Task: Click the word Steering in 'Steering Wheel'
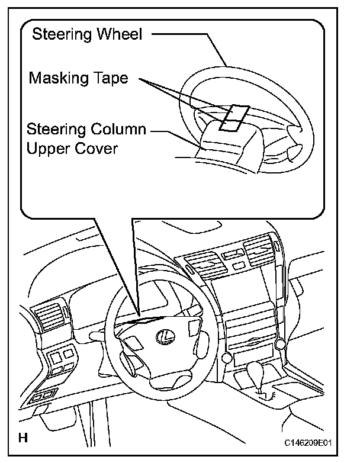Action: click(x=58, y=34)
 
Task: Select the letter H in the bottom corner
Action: click(x=23, y=439)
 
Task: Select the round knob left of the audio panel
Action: click(x=225, y=358)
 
